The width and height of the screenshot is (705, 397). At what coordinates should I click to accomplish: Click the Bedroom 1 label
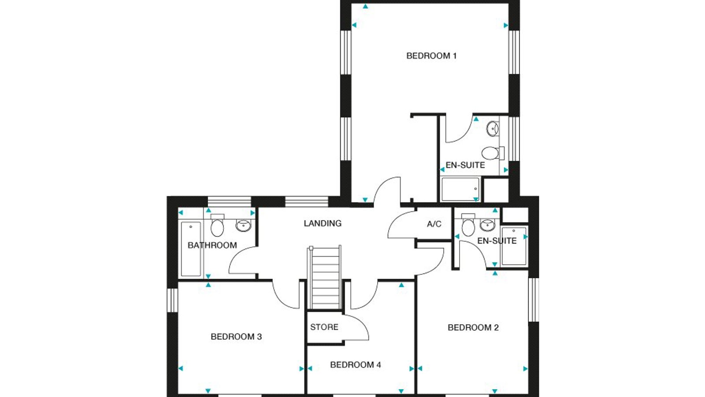431,56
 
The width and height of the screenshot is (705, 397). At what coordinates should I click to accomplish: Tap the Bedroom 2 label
473,328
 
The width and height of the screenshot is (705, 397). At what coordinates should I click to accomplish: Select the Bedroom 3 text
236,337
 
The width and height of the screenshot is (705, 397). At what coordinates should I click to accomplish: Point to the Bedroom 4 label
355,365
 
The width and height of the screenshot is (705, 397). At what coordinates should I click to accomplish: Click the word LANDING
323,223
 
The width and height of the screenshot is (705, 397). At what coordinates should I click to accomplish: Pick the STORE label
324,327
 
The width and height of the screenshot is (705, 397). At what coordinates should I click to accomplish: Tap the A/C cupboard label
434,224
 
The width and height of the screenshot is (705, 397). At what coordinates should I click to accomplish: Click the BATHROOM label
212,245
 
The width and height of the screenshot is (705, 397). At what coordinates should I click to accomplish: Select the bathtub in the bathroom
191,249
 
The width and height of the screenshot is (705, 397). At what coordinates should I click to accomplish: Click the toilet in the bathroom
217,225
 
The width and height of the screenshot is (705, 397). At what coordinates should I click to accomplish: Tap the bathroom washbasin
244,225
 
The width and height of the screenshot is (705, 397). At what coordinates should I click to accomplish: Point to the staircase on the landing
324,277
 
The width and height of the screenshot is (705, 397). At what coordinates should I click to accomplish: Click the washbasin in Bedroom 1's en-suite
493,129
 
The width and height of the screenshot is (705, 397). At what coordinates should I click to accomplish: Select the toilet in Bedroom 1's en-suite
493,153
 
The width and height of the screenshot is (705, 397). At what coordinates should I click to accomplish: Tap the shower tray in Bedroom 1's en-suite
460,189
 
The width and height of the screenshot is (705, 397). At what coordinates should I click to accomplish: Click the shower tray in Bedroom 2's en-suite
514,246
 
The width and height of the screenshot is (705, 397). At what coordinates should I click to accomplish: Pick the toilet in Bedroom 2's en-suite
468,225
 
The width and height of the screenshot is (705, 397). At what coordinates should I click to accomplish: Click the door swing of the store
359,326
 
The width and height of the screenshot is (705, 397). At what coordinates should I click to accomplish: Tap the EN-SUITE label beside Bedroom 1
465,165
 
